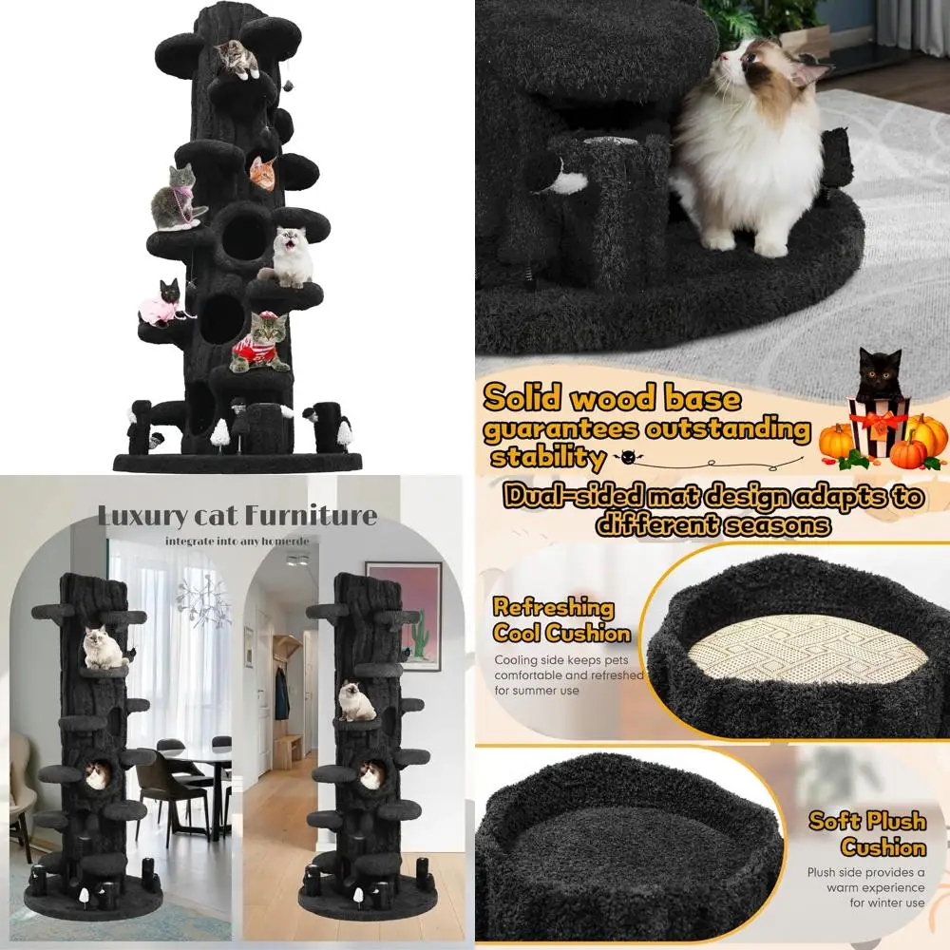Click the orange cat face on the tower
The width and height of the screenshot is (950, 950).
click(x=262, y=173)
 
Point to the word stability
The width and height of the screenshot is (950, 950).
click(x=547, y=458)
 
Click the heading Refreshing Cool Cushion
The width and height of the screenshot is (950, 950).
click(x=561, y=620)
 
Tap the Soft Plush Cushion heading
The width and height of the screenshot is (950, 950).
click(x=868, y=833)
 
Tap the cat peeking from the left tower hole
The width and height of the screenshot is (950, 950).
click(x=95, y=773)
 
